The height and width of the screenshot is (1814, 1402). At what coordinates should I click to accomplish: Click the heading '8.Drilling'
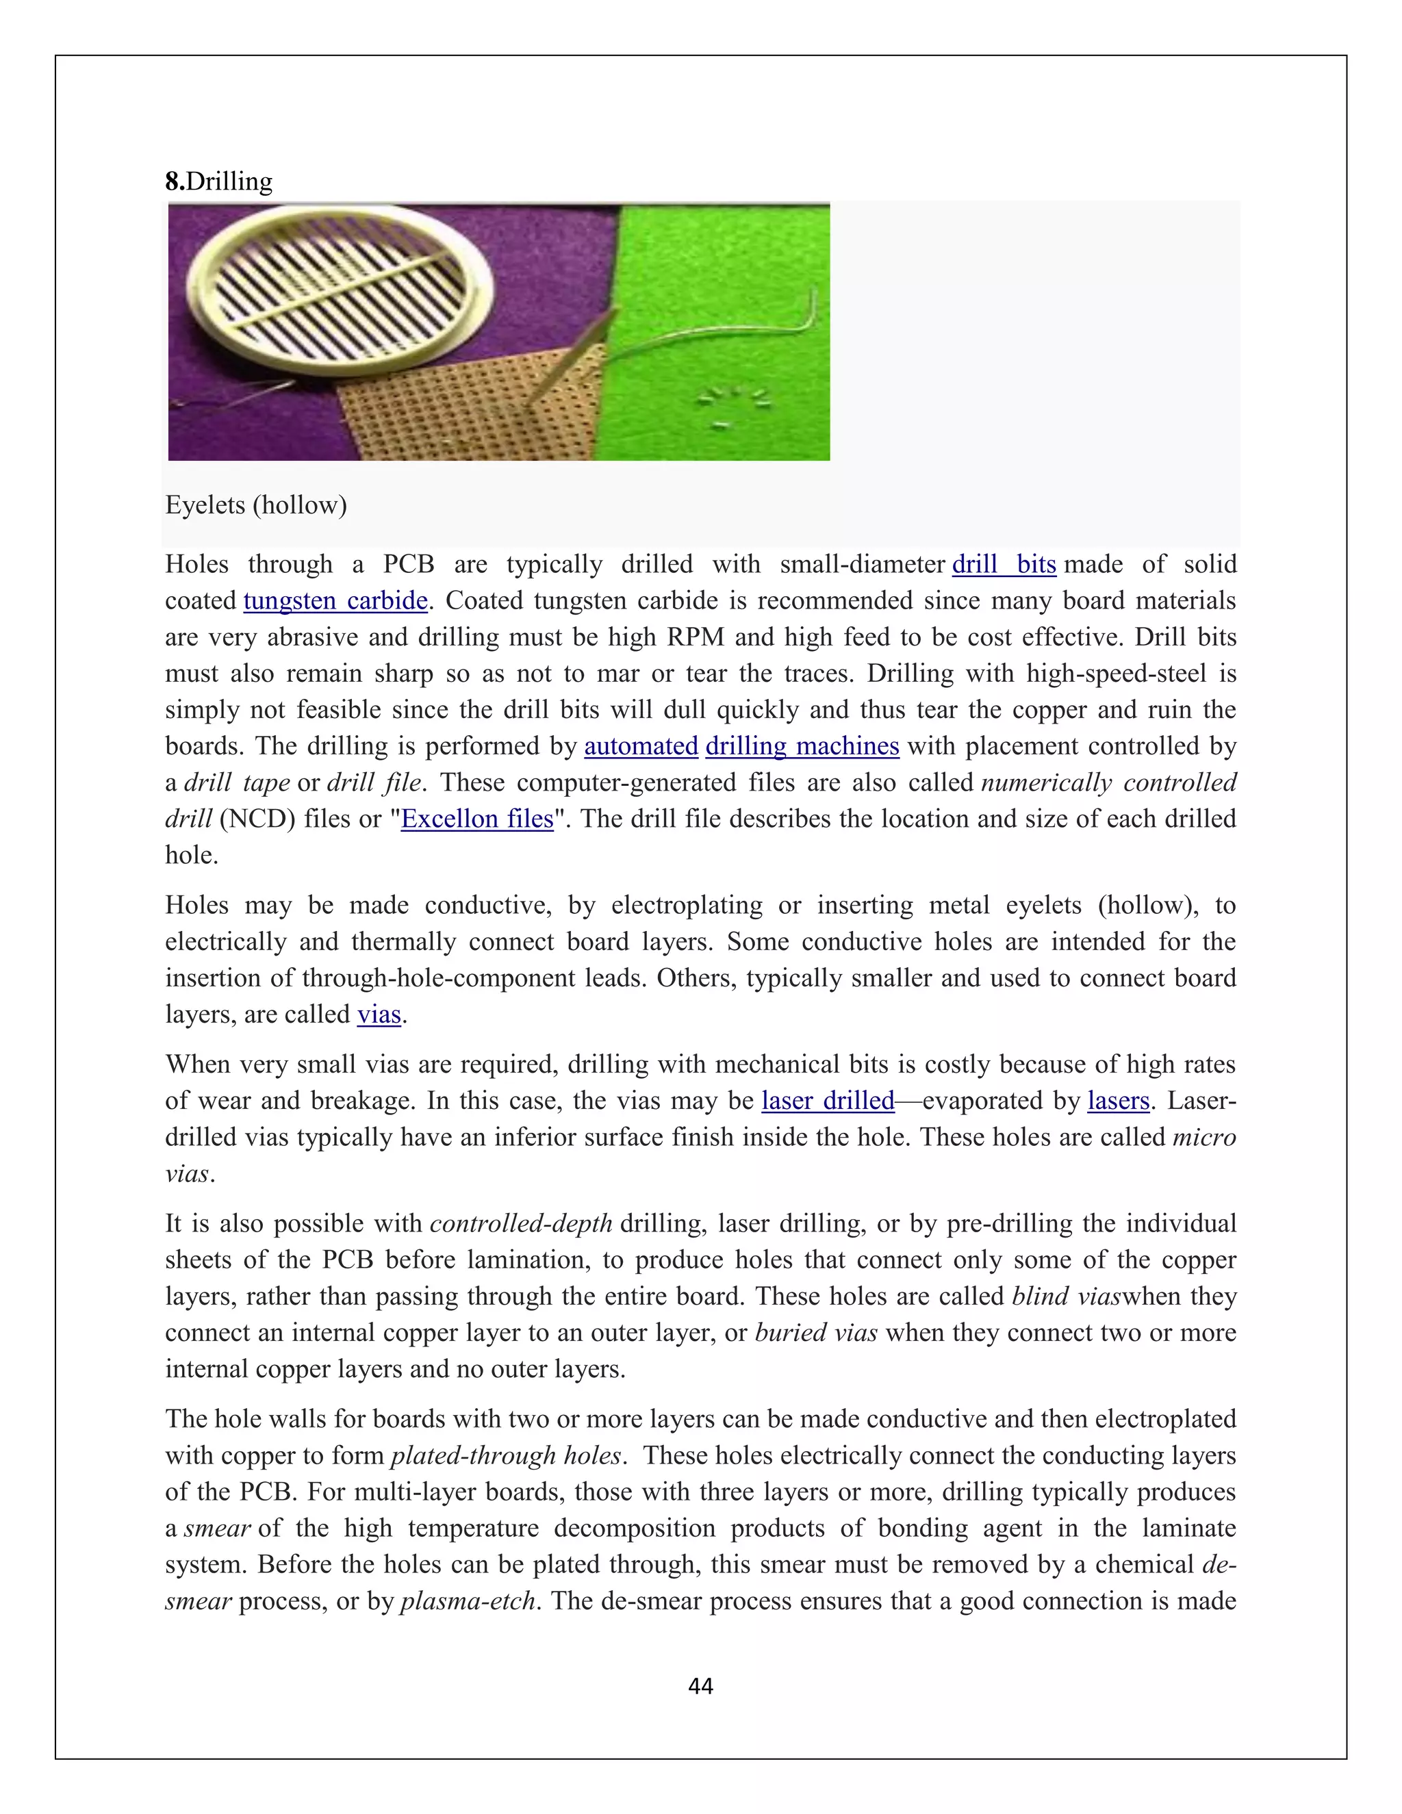(x=219, y=182)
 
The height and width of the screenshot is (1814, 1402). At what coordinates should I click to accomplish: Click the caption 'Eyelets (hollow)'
(x=256, y=505)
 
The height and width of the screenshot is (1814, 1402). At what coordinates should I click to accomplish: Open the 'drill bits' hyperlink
(x=1004, y=565)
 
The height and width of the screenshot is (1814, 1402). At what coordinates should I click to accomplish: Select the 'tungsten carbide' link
(x=335, y=600)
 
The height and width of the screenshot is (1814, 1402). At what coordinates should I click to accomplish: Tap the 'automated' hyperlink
(x=640, y=746)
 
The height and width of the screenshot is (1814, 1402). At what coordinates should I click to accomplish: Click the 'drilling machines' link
(x=802, y=746)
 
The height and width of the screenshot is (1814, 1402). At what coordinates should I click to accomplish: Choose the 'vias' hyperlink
(x=379, y=1014)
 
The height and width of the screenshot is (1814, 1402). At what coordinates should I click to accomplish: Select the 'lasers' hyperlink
(x=1118, y=1101)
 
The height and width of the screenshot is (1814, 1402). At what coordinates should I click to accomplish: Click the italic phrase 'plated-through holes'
(x=506, y=1455)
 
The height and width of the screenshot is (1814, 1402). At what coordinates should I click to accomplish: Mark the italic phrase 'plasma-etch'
(x=468, y=1600)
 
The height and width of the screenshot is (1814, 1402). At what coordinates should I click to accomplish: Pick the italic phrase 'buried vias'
(x=815, y=1332)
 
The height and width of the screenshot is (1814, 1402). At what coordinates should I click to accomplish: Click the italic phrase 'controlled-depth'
(x=521, y=1223)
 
